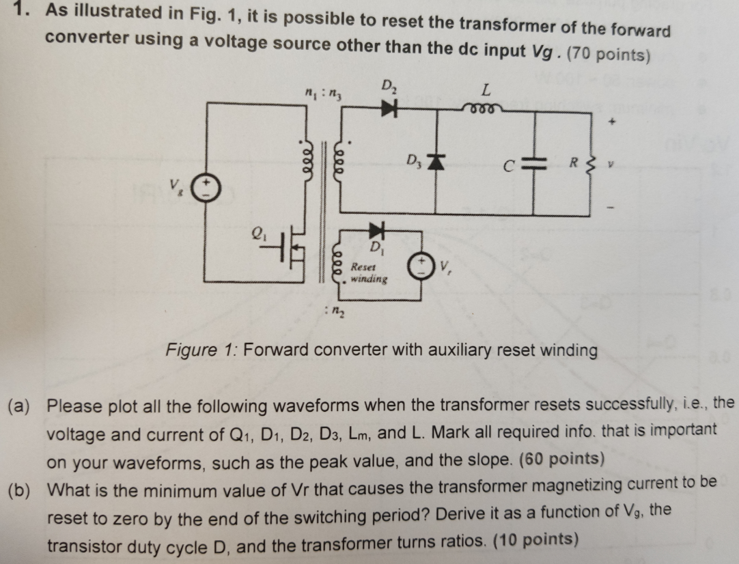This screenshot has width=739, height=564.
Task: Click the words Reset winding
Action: click(x=369, y=273)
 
